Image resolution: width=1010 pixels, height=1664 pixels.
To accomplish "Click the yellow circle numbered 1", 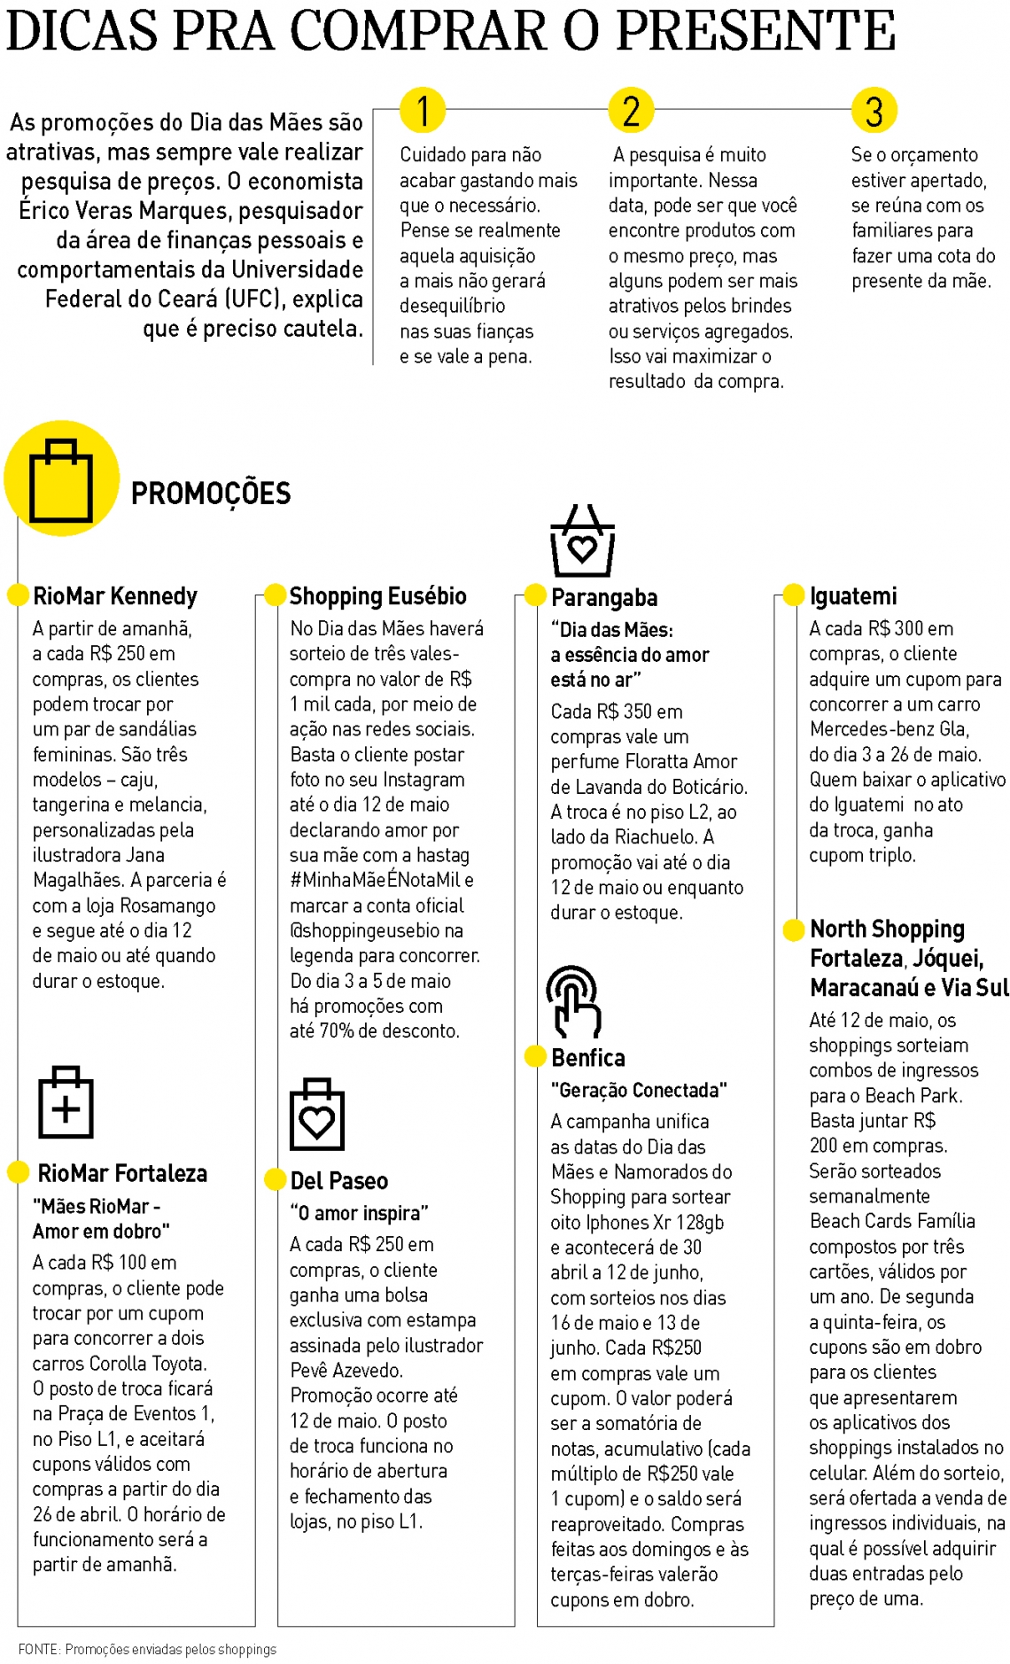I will (423, 111).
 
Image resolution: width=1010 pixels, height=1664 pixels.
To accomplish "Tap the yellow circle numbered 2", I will (631, 111).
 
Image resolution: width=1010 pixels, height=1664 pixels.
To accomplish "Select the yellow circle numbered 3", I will (874, 111).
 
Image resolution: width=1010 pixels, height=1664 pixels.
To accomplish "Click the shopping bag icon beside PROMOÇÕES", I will (61, 478).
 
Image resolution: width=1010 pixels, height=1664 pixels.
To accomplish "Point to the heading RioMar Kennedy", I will (115, 596).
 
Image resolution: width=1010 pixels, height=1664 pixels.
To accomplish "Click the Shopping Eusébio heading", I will (377, 596).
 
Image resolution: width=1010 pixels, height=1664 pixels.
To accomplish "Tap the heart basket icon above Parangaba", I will (582, 541).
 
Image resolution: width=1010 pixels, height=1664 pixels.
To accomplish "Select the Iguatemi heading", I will (853, 596).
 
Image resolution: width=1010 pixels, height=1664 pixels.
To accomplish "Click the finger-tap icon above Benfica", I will (573, 1001).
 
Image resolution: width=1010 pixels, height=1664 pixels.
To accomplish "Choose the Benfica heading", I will (588, 1058).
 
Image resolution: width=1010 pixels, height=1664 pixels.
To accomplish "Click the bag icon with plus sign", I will (66, 1103).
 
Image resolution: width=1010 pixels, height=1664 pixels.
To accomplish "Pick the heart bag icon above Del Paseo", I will (317, 1115).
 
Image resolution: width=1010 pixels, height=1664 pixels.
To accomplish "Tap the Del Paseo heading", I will (339, 1181).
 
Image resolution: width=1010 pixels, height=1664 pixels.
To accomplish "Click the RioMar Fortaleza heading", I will (122, 1174).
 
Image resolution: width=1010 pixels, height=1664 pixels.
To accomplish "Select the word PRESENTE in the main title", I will (756, 32).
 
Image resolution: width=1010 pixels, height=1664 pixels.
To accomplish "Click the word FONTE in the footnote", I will (38, 1649).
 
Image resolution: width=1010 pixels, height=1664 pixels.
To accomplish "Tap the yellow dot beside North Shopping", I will (794, 929).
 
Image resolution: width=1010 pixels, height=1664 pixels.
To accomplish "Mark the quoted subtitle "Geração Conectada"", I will (639, 1090).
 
